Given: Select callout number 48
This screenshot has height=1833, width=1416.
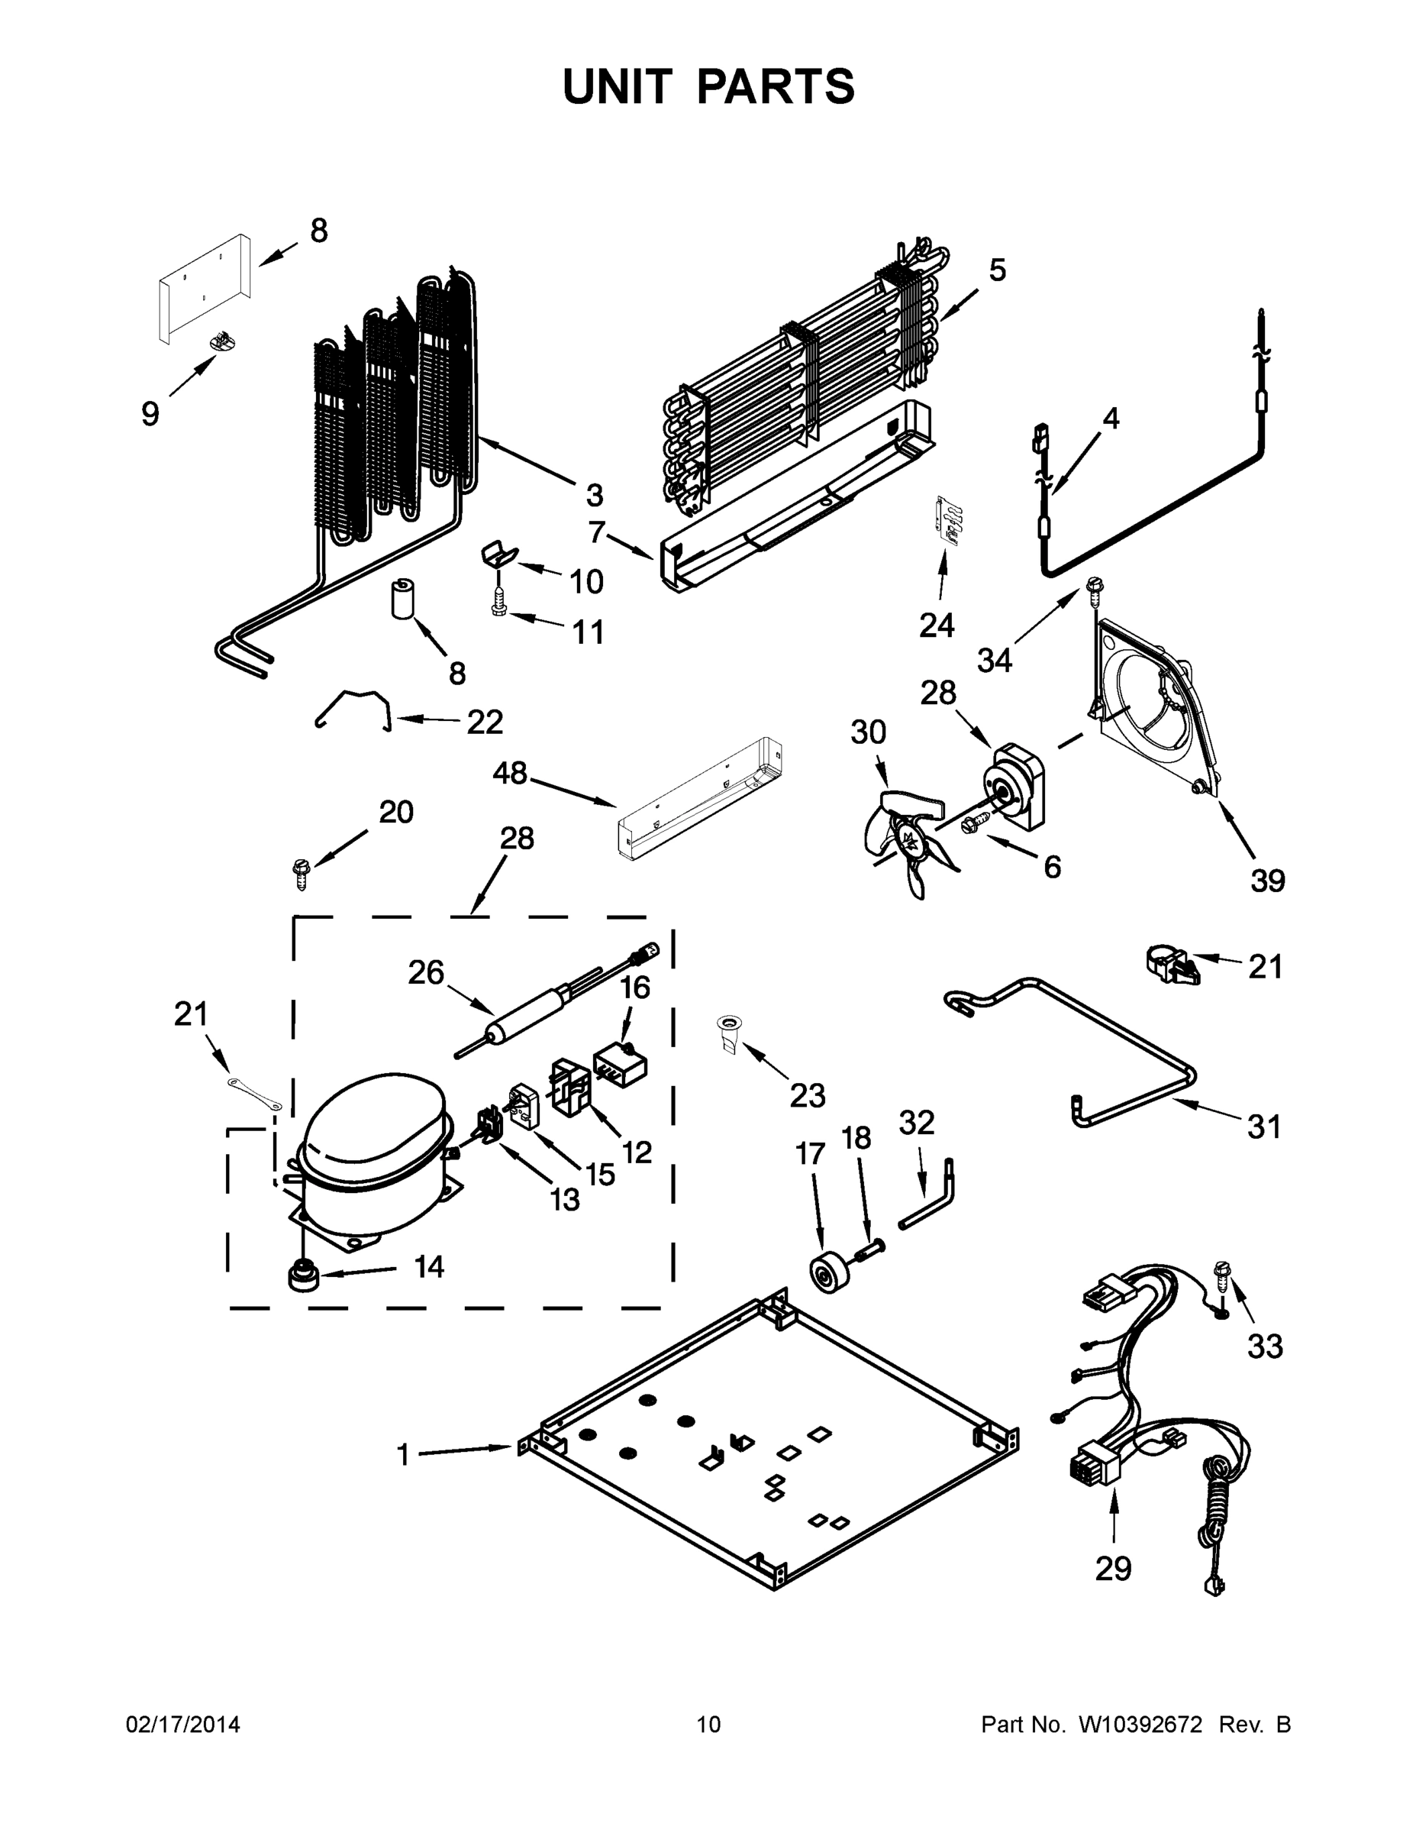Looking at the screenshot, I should pos(509,773).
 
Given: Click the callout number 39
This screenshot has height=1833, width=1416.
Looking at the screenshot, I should pos(1266,881).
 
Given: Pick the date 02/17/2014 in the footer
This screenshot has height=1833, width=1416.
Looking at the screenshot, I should pos(183,1725).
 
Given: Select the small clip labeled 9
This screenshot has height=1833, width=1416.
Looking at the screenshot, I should pos(221,341).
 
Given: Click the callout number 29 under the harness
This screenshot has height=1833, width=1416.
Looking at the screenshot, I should pos(1112,1568).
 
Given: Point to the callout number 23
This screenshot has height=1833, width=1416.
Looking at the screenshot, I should pos(807,1094).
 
